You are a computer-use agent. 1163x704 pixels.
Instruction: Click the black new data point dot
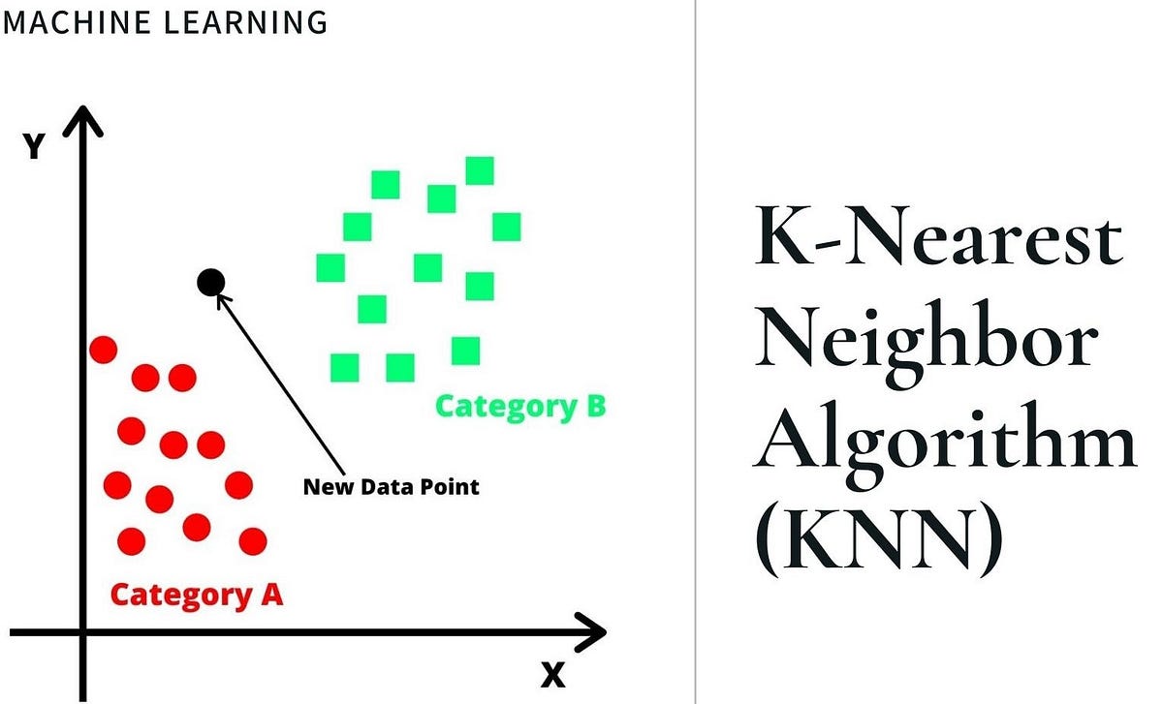211,282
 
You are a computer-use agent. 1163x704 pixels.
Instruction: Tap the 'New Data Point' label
391,486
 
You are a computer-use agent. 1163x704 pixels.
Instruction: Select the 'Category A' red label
196,593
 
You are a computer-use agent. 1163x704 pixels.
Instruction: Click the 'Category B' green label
519,405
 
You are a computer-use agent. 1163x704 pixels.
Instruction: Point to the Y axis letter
34,147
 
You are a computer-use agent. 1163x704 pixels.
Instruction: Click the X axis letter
552,674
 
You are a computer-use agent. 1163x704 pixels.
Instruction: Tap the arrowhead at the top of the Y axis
85,120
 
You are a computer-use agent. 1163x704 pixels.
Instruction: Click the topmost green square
480,170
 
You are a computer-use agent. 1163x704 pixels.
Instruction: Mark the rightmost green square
506,227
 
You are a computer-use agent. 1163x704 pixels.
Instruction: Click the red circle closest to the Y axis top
103,349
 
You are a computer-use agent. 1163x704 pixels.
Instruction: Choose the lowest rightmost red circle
253,540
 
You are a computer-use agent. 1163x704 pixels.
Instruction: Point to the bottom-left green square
345,368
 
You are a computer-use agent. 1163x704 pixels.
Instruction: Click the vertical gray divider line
695,352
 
